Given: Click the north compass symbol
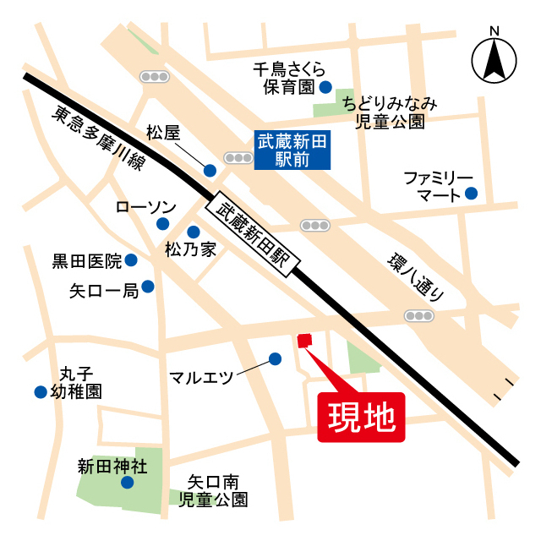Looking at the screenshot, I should point(495,59).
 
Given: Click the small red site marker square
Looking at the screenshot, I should point(304,341).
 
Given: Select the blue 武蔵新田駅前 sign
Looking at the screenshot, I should point(291,150).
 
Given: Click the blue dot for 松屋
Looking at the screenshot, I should point(210,170).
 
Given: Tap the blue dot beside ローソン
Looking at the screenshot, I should point(163,224).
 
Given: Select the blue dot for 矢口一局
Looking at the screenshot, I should point(148,287).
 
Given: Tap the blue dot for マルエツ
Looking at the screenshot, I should point(275,358).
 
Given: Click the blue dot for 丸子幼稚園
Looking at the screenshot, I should point(40,391).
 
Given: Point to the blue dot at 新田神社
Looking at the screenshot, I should point(127,483).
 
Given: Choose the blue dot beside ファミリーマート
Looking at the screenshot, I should point(471,194).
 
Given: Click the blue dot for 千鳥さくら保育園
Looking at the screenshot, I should point(325,86).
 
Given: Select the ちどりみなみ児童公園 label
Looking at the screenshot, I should point(390,112).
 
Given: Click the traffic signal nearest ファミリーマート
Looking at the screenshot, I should point(419,315).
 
